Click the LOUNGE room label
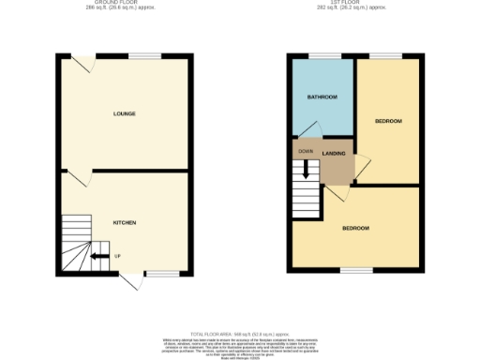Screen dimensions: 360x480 click(125, 114)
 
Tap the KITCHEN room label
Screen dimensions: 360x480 click(125, 223)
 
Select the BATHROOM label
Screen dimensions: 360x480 click(322, 97)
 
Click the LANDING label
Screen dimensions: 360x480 click(334, 154)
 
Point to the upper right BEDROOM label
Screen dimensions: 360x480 click(388, 122)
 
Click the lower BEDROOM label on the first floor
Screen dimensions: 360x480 click(354, 229)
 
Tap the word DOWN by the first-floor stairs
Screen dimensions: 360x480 click(306, 151)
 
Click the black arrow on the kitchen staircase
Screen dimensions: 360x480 click(97, 255)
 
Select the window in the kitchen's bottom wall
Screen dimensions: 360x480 click(161, 274)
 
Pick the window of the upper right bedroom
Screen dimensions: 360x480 click(386, 56)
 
